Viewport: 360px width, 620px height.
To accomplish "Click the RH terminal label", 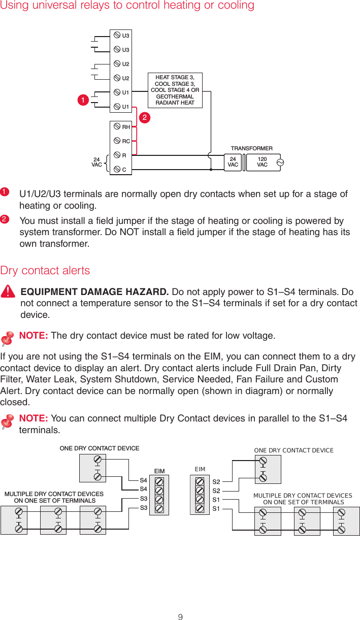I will tap(126, 127).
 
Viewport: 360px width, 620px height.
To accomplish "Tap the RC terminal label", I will tap(126, 141).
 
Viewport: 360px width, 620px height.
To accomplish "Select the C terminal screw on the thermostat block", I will tap(117, 169).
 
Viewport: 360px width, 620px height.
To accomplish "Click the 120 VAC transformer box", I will tap(262, 162).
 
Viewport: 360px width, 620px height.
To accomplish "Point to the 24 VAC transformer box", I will tap(233, 162).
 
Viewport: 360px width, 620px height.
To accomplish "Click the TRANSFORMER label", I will tap(252, 148).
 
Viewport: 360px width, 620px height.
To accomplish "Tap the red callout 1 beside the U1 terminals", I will tap(81, 100).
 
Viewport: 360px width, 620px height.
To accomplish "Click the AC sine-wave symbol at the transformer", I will tap(279, 162).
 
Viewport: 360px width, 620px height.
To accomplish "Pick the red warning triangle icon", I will tap(8, 292).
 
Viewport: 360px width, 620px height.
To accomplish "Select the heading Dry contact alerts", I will tap(45, 270).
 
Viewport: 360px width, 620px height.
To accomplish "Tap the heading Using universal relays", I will tap(127, 6).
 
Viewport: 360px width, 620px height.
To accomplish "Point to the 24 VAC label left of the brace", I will tap(96, 162).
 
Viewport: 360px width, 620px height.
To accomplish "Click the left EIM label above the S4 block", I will tap(160, 471).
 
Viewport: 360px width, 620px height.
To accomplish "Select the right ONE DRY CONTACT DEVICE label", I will tap(293, 450).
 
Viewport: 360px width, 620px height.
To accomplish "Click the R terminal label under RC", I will tap(124, 155).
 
